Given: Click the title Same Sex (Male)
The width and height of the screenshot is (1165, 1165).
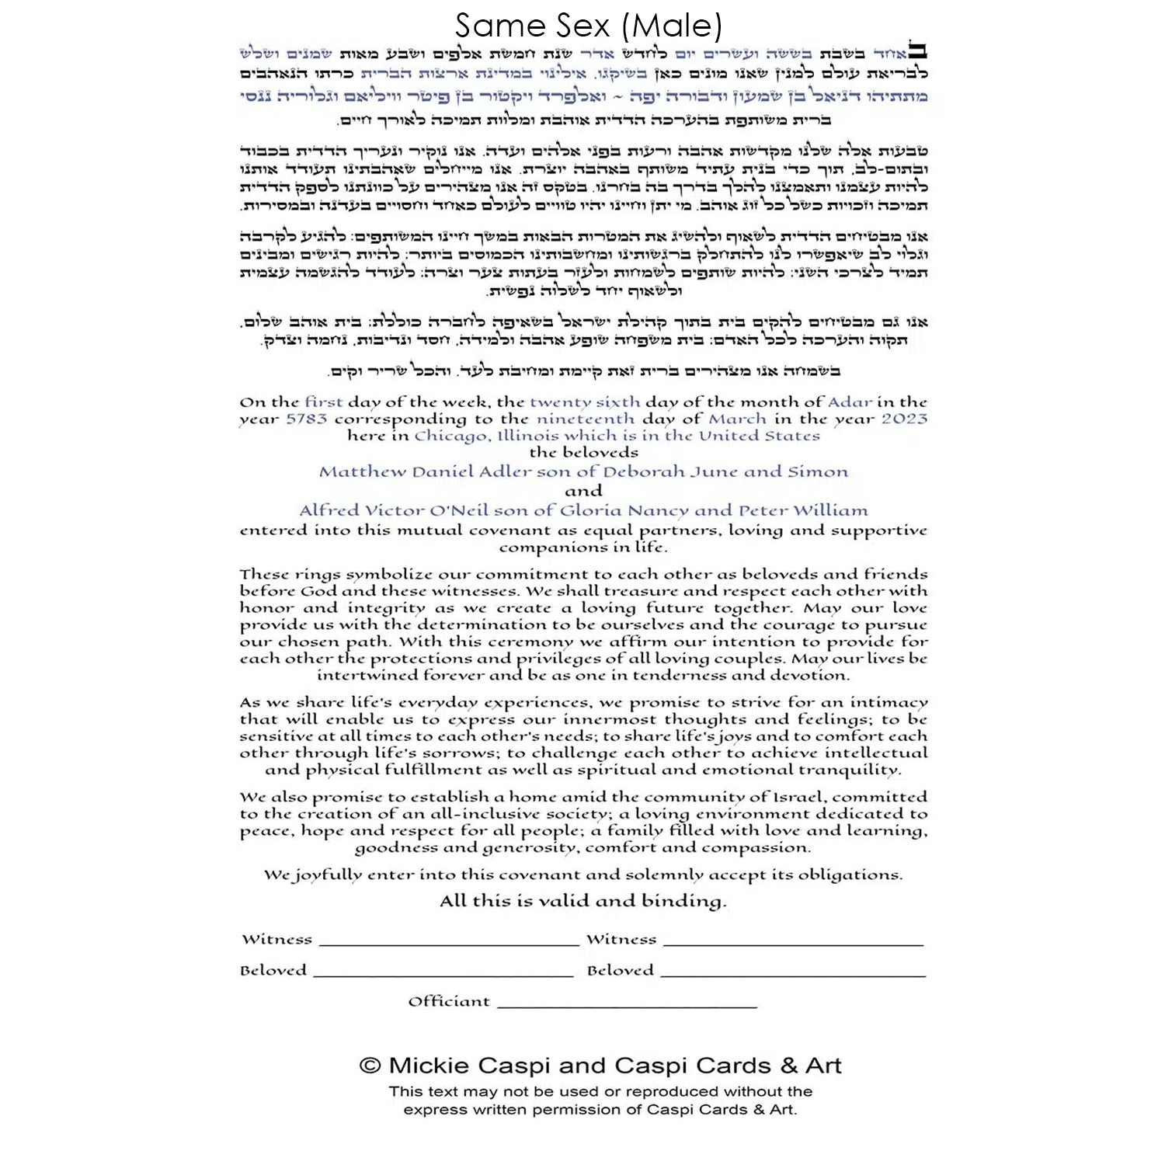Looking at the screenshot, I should point(588,26).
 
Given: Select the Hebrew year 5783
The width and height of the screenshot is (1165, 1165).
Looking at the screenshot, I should point(307,419).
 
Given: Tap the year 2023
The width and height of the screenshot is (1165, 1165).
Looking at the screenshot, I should point(904,419).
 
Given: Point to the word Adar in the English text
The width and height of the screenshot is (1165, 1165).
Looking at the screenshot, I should point(850,402).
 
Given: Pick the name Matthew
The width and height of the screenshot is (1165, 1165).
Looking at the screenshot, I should point(362,472).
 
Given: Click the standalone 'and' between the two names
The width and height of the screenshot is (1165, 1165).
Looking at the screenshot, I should point(583,492).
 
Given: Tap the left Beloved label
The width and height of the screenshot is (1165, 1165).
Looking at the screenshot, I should point(273,971).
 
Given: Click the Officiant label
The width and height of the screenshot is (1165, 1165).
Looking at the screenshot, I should point(449,1002).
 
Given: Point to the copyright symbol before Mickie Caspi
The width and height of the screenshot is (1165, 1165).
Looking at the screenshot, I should point(370,1066).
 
